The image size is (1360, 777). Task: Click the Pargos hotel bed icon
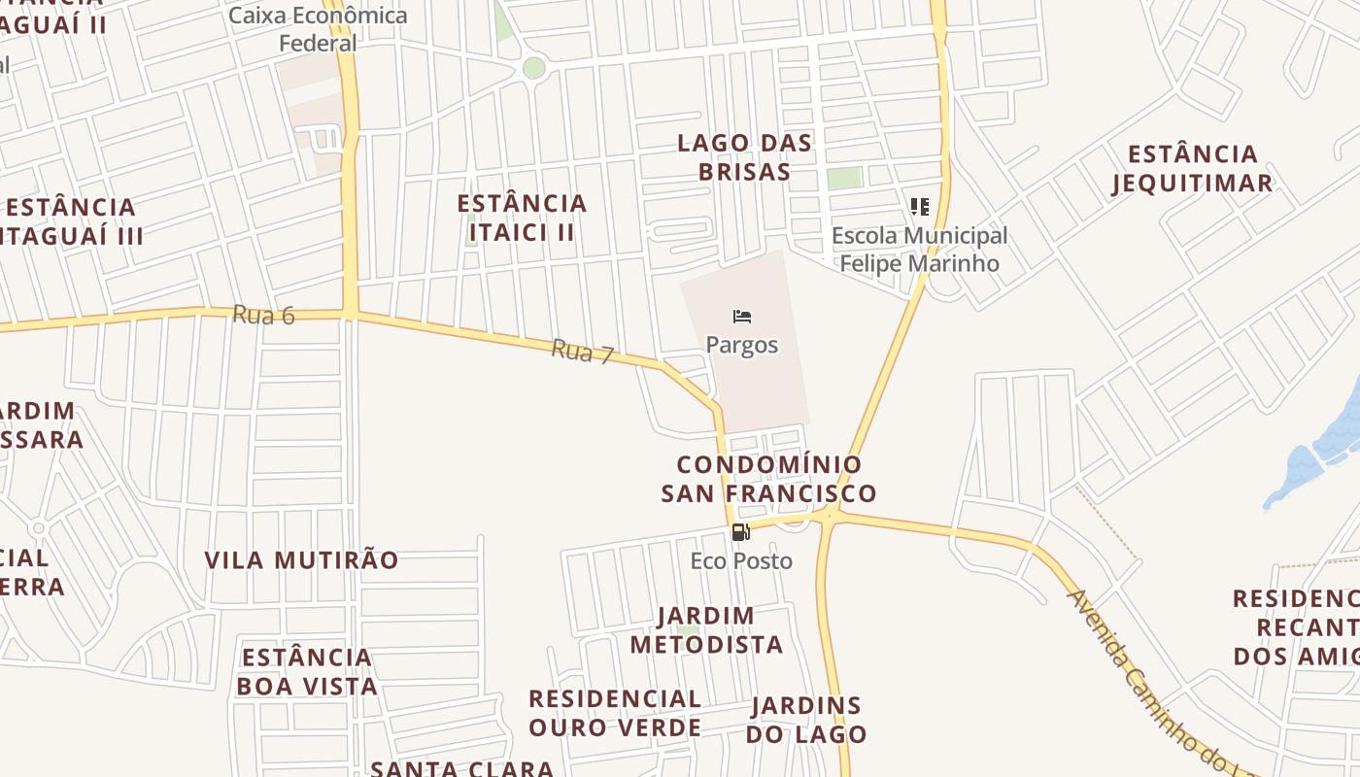click(x=742, y=317)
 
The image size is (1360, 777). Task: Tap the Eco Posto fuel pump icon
click(x=740, y=531)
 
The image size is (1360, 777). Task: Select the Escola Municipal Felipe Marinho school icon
click(x=919, y=206)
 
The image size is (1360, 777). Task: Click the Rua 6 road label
click(x=263, y=315)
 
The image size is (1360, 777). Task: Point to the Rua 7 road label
click(x=582, y=352)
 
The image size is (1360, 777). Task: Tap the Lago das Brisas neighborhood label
click(x=745, y=157)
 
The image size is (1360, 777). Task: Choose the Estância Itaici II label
click(x=523, y=218)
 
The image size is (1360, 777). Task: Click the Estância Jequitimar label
click(x=1193, y=168)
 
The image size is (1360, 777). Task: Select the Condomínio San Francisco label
click(x=768, y=479)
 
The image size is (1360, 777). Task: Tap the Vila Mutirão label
click(x=301, y=560)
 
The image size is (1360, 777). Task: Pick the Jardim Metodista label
click(x=706, y=630)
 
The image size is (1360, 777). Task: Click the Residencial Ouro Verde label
click(x=615, y=713)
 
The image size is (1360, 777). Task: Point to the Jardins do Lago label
click(x=806, y=720)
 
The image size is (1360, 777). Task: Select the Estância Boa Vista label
click(x=307, y=671)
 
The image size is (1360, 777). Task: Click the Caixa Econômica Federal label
click(x=319, y=29)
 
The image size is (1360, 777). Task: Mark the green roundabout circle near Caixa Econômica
click(x=534, y=68)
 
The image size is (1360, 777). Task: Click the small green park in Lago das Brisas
click(x=845, y=178)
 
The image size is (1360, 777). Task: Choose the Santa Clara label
click(x=462, y=768)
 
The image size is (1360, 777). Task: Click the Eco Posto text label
click(x=741, y=560)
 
